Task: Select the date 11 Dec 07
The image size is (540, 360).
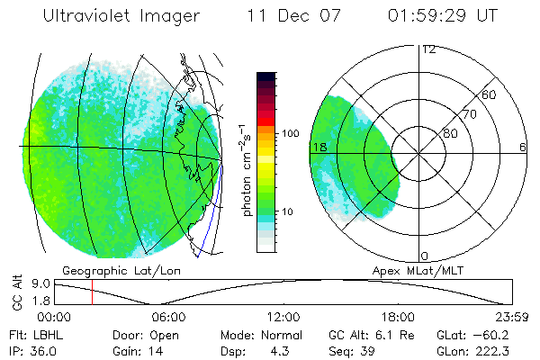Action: coord(289,16)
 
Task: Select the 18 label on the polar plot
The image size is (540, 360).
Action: coord(318,147)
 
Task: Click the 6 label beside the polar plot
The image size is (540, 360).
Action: coord(523,147)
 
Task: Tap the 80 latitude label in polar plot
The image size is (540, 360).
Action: coord(450,133)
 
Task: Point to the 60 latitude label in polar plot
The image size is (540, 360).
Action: coord(490,94)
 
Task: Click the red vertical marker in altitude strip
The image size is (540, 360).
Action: coord(92,292)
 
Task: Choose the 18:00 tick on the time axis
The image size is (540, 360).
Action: coord(398,317)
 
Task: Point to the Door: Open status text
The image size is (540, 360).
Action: coord(139,334)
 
